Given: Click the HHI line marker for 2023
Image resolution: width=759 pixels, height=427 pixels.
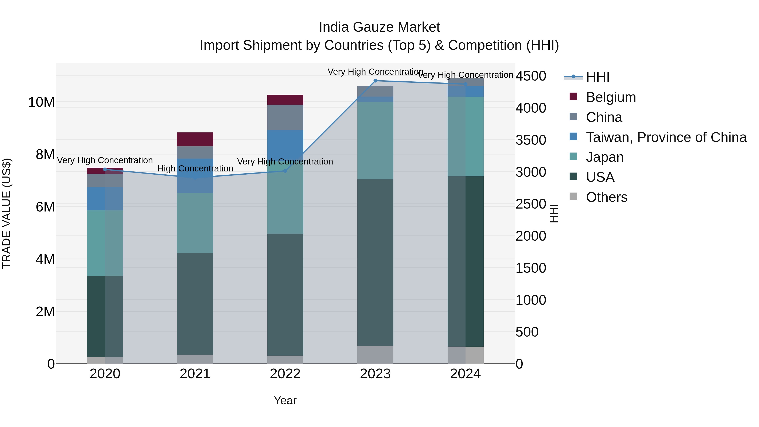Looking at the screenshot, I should [x=375, y=81].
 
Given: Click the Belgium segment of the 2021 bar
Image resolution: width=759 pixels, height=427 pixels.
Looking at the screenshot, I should [x=195, y=139].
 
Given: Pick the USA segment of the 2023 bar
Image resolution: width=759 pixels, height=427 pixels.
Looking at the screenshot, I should [x=375, y=262].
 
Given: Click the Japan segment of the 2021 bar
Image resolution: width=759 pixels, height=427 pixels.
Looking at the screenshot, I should [x=195, y=223].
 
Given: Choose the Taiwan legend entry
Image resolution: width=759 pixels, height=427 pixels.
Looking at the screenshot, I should [x=666, y=137].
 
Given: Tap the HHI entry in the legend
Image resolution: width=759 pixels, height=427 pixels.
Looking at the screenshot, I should [x=598, y=77].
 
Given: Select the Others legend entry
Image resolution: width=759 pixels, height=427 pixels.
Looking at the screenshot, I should [x=606, y=197].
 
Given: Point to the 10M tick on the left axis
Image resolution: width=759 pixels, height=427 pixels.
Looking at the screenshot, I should [x=41, y=102].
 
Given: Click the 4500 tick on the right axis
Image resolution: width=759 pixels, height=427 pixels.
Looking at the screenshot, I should [x=531, y=76].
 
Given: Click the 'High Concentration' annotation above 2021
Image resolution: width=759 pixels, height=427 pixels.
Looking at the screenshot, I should [x=195, y=168].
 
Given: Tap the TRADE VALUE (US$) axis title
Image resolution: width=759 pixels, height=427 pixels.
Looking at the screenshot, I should [x=7, y=213].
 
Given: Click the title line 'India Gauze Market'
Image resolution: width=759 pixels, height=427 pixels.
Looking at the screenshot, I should [x=379, y=27].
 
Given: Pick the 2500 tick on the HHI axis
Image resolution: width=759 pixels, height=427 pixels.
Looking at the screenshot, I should [x=531, y=204].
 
